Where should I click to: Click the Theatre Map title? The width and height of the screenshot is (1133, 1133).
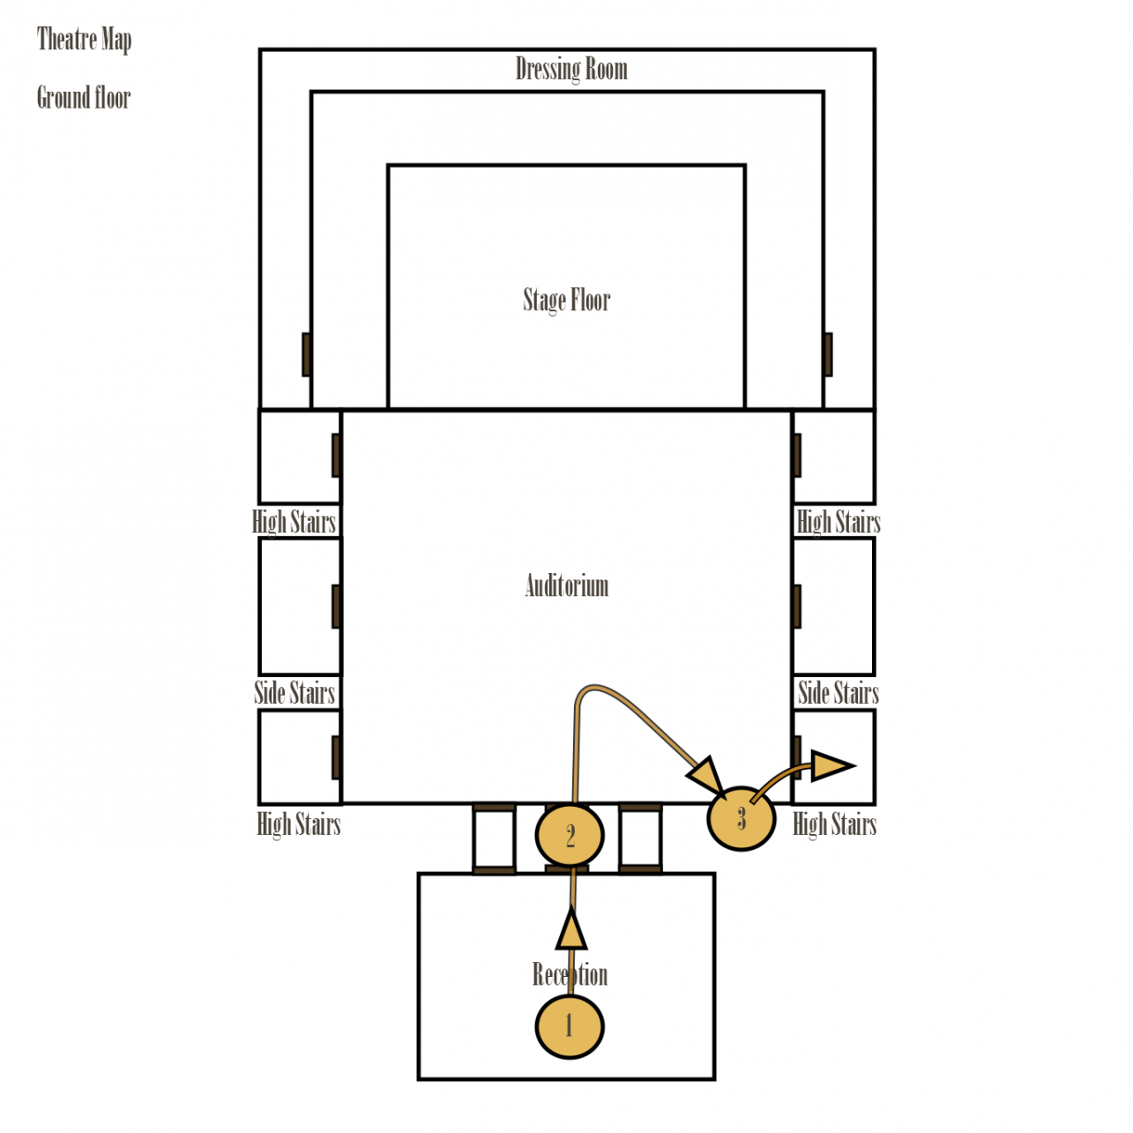point(84,40)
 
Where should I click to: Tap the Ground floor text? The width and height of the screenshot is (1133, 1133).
point(84,97)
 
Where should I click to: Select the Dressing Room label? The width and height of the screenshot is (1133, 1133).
point(571,69)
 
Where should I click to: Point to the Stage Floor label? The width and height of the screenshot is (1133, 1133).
point(566,300)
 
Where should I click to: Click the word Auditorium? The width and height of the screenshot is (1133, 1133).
point(566,585)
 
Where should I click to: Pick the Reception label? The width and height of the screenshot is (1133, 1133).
point(570,974)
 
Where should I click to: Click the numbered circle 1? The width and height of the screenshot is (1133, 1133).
point(570,1026)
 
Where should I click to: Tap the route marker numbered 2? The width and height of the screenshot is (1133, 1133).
point(570,835)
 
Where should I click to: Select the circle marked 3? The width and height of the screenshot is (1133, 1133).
point(742,818)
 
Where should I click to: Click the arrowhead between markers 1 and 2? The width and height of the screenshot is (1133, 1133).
point(571,929)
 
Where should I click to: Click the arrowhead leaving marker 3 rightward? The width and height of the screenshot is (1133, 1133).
point(831,765)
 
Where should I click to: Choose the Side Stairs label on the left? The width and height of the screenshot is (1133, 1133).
point(294,693)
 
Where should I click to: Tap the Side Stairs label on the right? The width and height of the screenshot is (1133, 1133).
point(838,693)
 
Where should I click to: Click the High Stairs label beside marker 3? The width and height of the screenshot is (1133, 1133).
point(834,824)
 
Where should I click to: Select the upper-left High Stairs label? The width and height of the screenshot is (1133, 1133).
point(294,522)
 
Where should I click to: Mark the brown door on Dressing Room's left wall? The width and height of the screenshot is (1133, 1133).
point(307,354)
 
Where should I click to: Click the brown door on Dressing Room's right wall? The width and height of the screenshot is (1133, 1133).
point(827,354)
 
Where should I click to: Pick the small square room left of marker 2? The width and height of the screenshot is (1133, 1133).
point(494,838)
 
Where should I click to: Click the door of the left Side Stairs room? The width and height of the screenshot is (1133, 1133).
point(336,607)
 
